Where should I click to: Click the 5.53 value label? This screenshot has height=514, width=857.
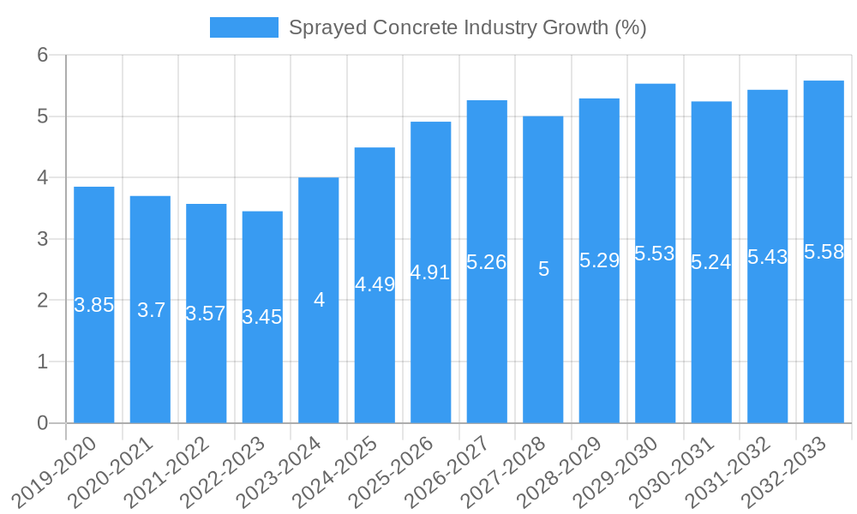click(x=655, y=254)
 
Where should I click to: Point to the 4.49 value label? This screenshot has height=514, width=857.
click(x=375, y=284)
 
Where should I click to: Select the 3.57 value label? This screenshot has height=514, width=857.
click(x=206, y=314)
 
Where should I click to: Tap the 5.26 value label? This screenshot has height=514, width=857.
click(x=487, y=262)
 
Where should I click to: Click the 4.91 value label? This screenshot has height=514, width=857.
click(x=430, y=272)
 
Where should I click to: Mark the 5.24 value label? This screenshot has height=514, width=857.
click(x=711, y=263)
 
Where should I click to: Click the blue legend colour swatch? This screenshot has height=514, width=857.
click(x=244, y=27)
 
